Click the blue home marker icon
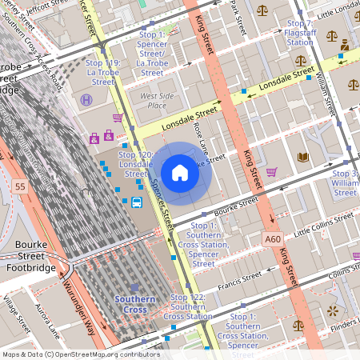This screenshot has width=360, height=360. [180, 172]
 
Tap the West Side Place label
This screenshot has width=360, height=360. [157, 100]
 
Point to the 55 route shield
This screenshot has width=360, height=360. [20, 186]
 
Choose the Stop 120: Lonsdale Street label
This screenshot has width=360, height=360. [135, 163]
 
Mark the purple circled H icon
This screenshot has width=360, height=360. [86, 99]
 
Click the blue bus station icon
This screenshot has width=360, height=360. [137, 202]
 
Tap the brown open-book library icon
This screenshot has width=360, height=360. [302, 157]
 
